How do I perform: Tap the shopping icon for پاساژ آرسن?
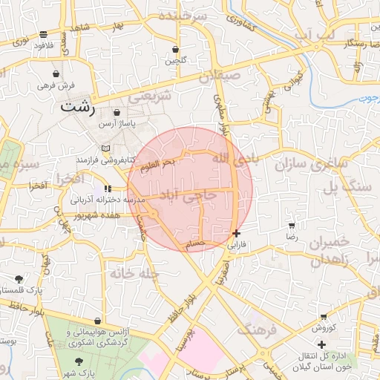pos(117,112)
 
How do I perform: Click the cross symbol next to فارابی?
pos(236,233)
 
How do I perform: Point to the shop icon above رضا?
pos(292,225)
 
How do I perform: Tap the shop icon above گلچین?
pos(175,50)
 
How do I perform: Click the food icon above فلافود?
pos(44,34)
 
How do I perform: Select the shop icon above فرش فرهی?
pos(56,74)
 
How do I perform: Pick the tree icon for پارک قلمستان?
pos(19,279)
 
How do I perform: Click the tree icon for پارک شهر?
pos(79,361)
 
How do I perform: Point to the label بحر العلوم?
pos(157,163)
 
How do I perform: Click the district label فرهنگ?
pos(257,330)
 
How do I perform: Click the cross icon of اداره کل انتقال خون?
pos(321,344)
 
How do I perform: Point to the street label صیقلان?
pos(216,74)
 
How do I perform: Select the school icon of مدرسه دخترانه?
pos(108,189)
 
